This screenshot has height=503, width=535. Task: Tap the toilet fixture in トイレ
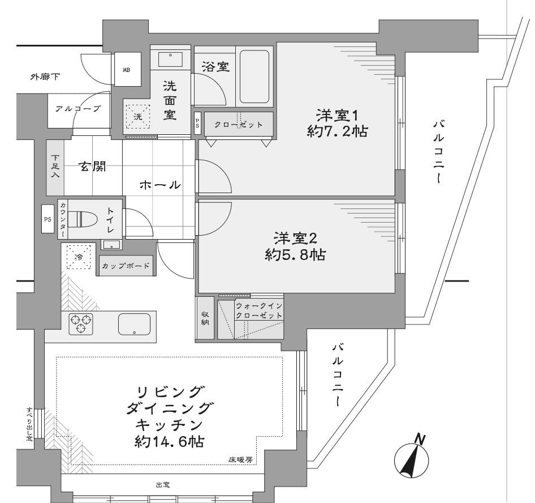83,219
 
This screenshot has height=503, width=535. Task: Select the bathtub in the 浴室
254,76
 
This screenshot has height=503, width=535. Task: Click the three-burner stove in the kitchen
81,323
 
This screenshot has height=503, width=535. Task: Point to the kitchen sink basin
135,324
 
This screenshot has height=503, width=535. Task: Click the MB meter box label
127,70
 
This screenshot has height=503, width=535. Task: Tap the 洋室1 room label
337,116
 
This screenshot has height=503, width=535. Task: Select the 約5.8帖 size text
295,254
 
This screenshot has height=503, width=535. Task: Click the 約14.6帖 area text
170,441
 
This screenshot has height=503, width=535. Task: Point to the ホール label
160,185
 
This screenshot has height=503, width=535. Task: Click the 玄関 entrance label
93,167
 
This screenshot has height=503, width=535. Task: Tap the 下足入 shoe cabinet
55,167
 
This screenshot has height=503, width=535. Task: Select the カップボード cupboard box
126,266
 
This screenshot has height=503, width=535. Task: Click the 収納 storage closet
205,318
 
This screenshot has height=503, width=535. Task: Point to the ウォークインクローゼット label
259,310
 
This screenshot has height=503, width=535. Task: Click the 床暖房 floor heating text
240,460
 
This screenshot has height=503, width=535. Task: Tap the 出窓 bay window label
162,484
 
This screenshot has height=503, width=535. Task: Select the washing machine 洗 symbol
138,116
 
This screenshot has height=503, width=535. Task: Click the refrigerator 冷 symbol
79,257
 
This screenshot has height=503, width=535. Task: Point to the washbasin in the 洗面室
170,58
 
